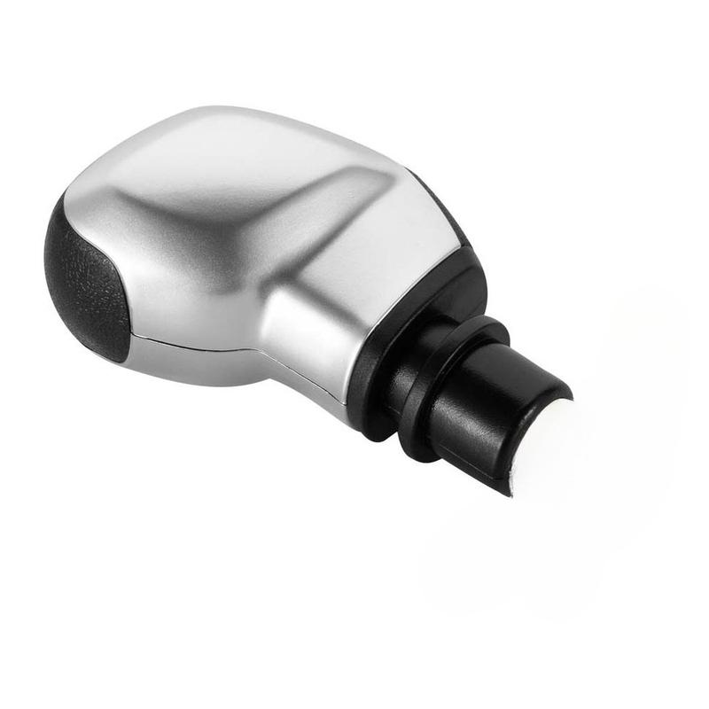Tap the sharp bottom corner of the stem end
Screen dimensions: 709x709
click(509, 493)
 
